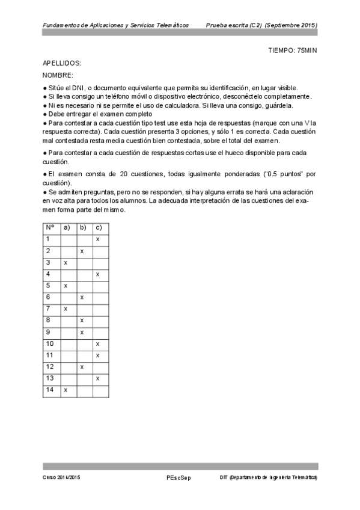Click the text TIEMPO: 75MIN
(291, 50)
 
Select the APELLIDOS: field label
(62, 63)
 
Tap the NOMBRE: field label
(58, 75)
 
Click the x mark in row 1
(97, 239)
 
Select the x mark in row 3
(65, 263)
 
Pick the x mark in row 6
(82, 297)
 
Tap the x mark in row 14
(65, 390)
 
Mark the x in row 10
(97, 343)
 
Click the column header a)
(66, 227)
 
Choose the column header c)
(99, 227)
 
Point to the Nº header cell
(50, 227)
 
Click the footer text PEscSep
(178, 477)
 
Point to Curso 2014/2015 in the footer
(61, 477)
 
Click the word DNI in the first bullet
(73, 88)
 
